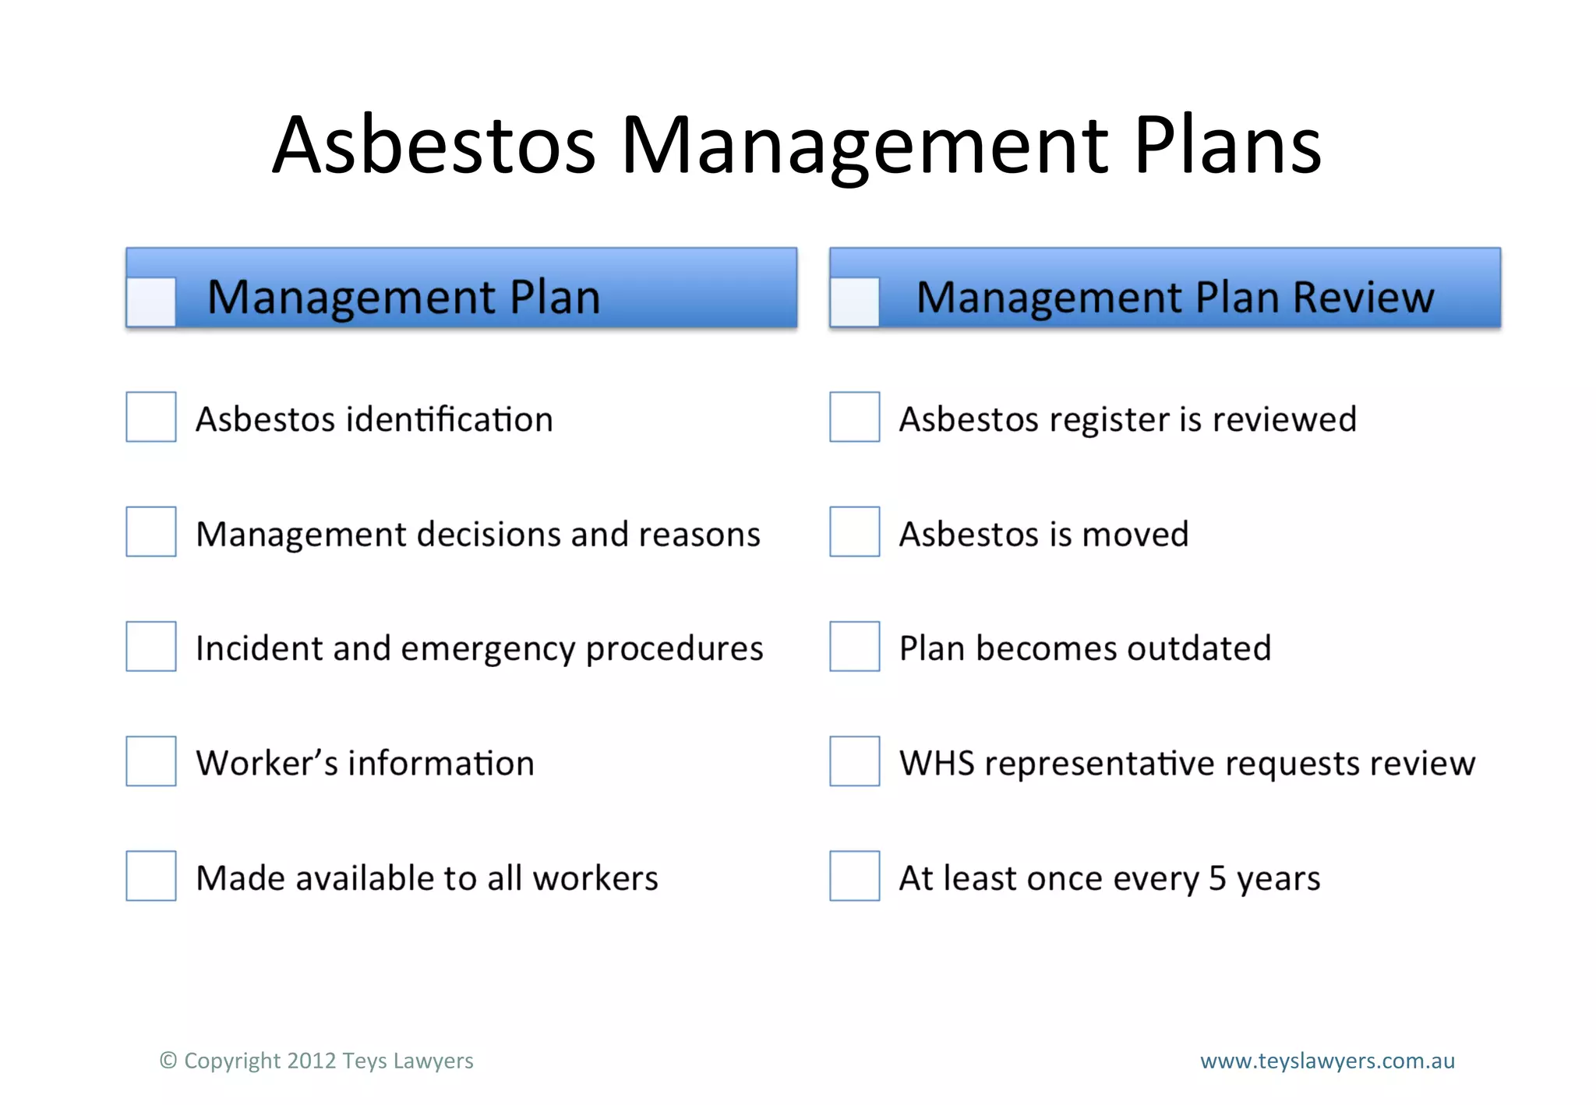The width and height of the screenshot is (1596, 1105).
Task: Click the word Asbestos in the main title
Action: [x=434, y=145]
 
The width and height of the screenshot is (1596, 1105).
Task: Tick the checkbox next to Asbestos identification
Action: [x=151, y=417]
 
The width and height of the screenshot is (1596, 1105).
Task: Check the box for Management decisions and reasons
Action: [x=151, y=531]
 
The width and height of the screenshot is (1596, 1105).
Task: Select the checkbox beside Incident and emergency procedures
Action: [x=151, y=646]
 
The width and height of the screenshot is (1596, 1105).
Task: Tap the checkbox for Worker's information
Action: [x=151, y=761]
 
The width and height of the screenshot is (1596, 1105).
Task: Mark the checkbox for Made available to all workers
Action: [x=151, y=876]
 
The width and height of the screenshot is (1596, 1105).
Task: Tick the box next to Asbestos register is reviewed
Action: [x=855, y=417]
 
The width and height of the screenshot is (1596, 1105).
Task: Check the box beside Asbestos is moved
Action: [x=855, y=531]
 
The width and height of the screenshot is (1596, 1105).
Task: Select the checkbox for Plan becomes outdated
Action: [x=855, y=646]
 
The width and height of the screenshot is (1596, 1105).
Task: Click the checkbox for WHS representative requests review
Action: [x=855, y=761]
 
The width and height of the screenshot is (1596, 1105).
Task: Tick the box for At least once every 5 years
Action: [x=855, y=876]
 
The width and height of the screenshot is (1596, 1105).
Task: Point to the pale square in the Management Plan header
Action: [x=151, y=302]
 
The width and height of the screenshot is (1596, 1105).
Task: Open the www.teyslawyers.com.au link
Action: [x=1327, y=1061]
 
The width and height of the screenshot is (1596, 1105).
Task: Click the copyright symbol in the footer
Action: [x=168, y=1061]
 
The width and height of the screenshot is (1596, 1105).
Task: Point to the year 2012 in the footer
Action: [x=311, y=1061]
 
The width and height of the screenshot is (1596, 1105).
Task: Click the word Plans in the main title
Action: [x=1227, y=145]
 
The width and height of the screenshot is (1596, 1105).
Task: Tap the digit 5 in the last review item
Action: [x=1217, y=879]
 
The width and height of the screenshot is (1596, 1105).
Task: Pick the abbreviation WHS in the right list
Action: [x=937, y=764]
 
